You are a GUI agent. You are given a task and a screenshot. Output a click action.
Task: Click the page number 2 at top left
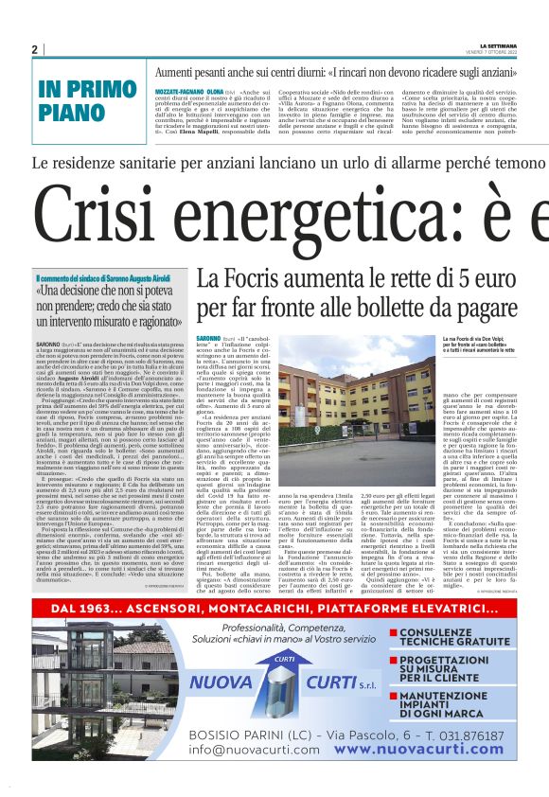pyautogui.click(x=35, y=49)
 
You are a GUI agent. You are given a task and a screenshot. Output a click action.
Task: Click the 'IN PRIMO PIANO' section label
pyautogui.click(x=86, y=99)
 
